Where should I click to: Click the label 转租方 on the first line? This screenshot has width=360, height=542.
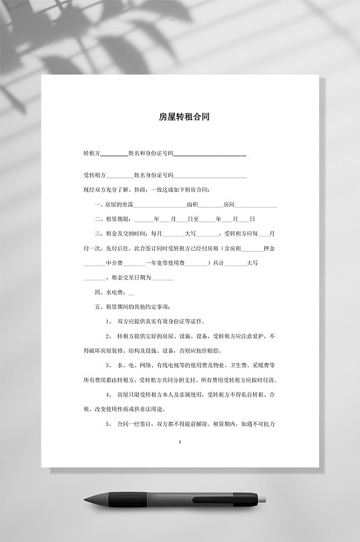pyautogui.click(x=91, y=154)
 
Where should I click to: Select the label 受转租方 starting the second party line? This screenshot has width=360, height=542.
pyautogui.click(x=94, y=176)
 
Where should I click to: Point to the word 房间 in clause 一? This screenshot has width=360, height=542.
pyautogui.click(x=229, y=204)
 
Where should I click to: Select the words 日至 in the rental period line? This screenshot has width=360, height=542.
pyautogui.click(x=194, y=219)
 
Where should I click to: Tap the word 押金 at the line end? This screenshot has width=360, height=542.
pyautogui.click(x=271, y=248)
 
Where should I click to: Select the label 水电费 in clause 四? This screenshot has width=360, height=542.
pyautogui.click(x=113, y=292)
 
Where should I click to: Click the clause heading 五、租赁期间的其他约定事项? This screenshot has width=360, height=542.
pyautogui.click(x=134, y=307)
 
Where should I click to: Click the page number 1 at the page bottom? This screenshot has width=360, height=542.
pyautogui.click(x=180, y=443)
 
